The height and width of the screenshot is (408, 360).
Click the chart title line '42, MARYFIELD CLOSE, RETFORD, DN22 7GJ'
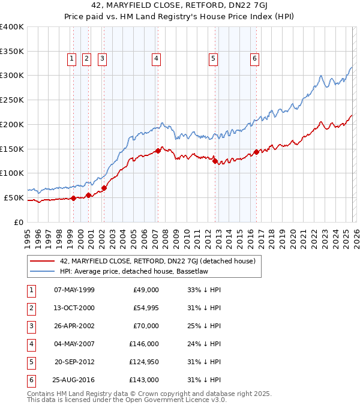click(x=179, y=7)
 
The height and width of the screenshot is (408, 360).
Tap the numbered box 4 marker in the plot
click(x=155, y=59)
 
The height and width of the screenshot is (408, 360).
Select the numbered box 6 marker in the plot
click(x=255, y=59)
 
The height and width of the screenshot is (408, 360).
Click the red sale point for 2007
click(x=158, y=151)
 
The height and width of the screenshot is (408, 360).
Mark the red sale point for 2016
click(x=256, y=152)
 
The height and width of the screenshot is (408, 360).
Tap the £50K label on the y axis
click(x=14, y=197)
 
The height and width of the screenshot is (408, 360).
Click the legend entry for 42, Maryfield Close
click(x=157, y=261)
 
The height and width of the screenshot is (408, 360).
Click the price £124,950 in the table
click(x=144, y=362)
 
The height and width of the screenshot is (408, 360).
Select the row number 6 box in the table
click(x=29, y=380)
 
